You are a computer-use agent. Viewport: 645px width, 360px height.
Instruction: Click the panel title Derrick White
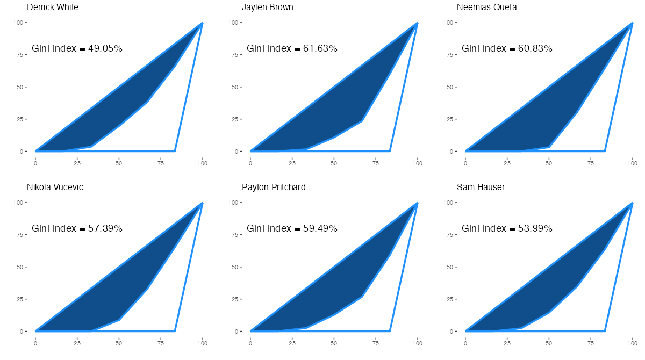click(52, 8)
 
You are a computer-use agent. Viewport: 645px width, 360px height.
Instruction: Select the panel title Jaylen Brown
click(267, 8)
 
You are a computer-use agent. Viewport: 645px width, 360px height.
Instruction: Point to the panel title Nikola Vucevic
click(55, 188)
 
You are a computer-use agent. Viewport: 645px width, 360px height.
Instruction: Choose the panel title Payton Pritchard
click(274, 188)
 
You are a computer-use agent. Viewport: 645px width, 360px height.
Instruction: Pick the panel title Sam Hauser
click(481, 188)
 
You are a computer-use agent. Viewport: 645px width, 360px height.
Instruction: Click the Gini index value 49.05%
click(105, 49)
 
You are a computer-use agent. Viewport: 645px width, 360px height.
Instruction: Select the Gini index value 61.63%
click(320, 49)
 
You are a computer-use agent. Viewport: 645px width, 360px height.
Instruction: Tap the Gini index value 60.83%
click(535, 49)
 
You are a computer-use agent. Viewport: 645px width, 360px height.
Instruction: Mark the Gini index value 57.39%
click(105, 229)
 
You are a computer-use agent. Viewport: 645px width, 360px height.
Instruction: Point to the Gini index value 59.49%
click(320, 229)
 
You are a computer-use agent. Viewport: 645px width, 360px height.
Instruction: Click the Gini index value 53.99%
click(535, 229)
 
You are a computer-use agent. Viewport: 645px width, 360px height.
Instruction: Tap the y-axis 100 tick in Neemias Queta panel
click(448, 23)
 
